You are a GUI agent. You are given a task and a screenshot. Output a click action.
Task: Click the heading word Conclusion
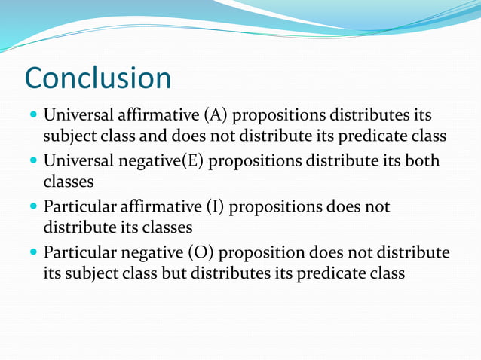click(x=98, y=78)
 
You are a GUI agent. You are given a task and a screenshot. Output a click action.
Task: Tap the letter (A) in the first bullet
click(x=213, y=115)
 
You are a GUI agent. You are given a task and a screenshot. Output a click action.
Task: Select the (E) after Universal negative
click(x=189, y=161)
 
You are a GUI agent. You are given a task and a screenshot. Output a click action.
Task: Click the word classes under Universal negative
click(x=69, y=182)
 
